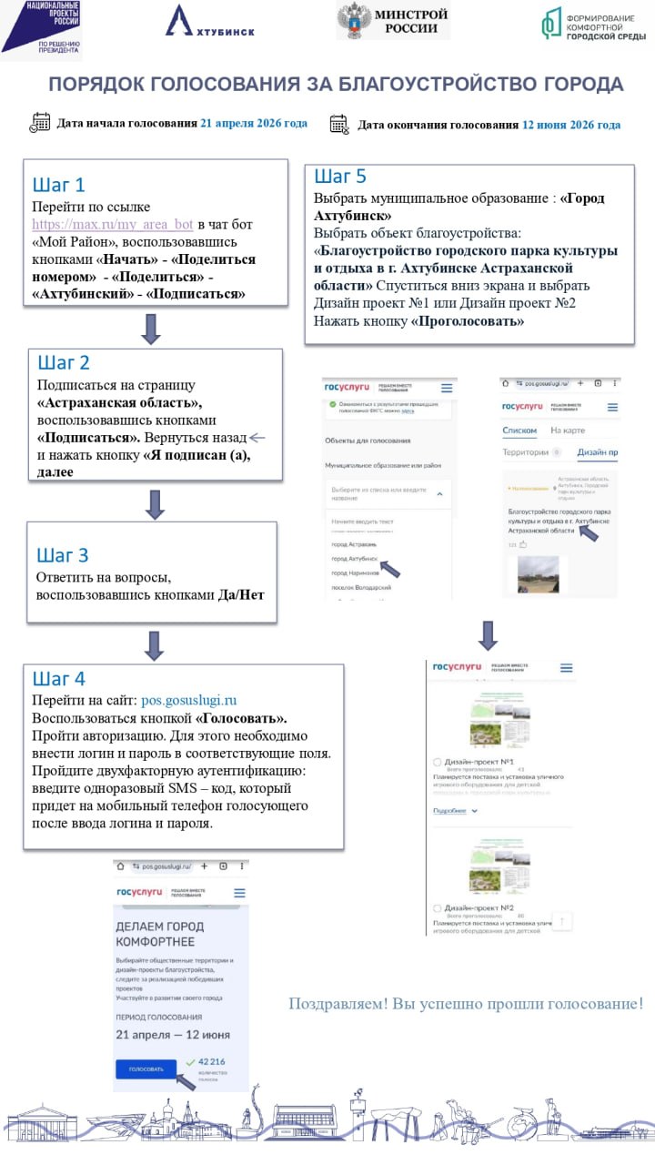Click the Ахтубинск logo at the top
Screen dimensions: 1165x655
tap(209, 22)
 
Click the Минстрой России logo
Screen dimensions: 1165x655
tap(393, 20)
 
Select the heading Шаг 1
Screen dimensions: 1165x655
tap(58, 185)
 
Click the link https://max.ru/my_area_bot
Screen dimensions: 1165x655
tap(113, 224)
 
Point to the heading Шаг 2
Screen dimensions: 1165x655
tap(63, 363)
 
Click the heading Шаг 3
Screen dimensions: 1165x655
tap(62, 555)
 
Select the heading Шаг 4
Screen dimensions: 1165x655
tap(58, 679)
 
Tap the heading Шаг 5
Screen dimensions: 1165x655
tap(340, 177)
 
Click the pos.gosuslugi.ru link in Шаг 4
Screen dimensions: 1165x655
tap(189, 700)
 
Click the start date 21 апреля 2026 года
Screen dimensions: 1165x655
tap(254, 123)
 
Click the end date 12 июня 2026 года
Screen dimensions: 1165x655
tap(571, 125)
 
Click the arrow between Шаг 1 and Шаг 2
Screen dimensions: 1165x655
tap(151, 329)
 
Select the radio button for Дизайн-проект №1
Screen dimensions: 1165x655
tap(438, 761)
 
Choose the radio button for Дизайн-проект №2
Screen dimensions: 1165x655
tap(438, 908)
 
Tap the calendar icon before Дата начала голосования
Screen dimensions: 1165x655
tap(40, 123)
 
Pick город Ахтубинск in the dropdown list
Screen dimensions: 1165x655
tap(354, 557)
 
